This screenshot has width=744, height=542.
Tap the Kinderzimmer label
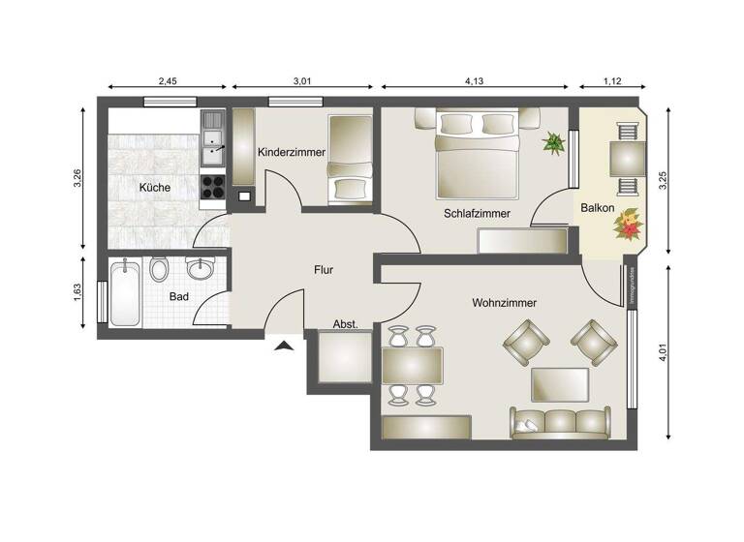[x=289, y=152]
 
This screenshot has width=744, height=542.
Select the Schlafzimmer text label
[x=477, y=213]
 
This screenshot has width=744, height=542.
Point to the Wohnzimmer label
[x=504, y=303]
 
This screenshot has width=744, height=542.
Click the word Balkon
[x=597, y=208]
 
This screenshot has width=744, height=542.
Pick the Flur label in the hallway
[x=324, y=270]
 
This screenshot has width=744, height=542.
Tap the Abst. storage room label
[x=346, y=324]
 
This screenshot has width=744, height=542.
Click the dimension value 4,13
[x=475, y=82]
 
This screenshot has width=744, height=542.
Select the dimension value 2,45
[x=167, y=82]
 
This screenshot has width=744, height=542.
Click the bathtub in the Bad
[x=125, y=292]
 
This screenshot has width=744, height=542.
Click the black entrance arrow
[x=283, y=344]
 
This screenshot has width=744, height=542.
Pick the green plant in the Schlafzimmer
[x=554, y=143]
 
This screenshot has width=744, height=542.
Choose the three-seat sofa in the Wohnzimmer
[x=560, y=421]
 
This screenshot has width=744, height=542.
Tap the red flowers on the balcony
[x=629, y=225]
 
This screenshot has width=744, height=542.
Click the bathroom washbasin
[x=201, y=267]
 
